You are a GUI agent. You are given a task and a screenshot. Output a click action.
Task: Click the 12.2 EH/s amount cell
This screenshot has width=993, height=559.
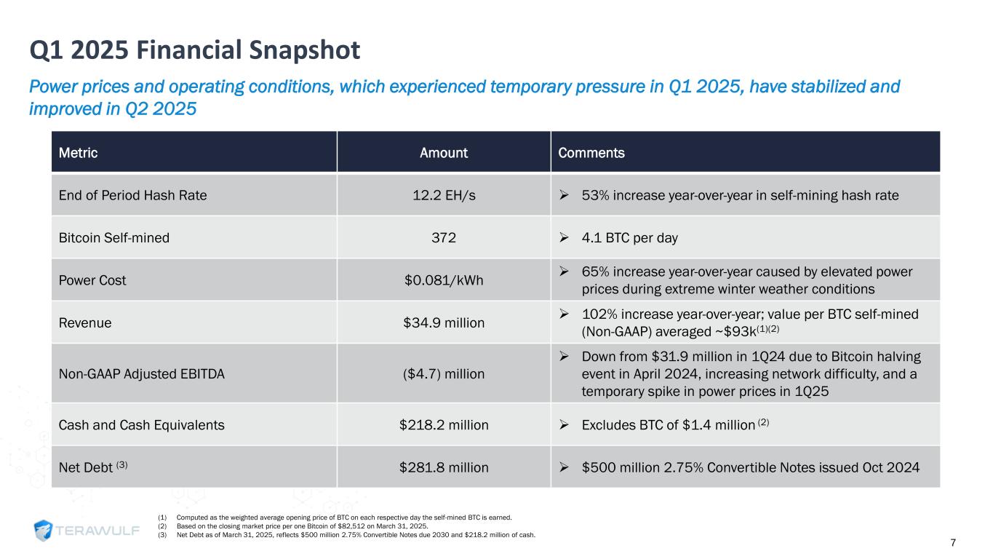444,195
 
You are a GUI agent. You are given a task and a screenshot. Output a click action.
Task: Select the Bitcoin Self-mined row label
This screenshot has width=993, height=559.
113,237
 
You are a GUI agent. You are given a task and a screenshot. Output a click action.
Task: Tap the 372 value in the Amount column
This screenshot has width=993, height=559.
444,237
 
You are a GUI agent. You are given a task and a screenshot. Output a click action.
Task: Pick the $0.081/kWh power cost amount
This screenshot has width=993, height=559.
444,280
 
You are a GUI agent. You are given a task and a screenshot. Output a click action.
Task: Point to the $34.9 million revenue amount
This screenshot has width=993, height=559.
444,322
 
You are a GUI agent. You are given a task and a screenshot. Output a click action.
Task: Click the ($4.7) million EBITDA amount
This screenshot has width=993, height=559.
444,373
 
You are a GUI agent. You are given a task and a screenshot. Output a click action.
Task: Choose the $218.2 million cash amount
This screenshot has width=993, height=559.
444,424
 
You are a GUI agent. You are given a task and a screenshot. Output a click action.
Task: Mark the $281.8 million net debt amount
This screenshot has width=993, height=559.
444,467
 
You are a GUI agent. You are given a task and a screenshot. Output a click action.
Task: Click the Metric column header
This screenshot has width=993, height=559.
78,153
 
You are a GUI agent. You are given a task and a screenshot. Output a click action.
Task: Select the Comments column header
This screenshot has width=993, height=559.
591,153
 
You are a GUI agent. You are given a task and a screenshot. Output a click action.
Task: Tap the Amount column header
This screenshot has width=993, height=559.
444,153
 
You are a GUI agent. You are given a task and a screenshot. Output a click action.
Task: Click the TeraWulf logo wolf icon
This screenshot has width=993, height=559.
45,531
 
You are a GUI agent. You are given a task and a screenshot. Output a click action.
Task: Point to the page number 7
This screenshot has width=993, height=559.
973,543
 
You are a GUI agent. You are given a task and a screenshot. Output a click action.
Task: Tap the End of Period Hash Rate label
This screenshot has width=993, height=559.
132,195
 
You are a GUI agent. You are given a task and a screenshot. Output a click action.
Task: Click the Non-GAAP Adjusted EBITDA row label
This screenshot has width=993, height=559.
141,373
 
